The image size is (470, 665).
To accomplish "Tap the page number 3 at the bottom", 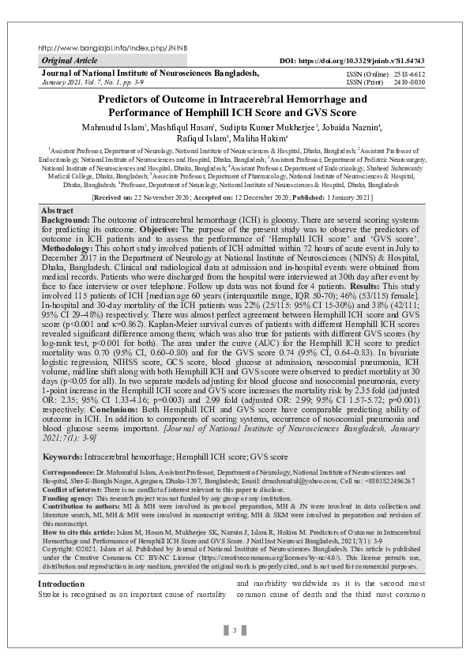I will [x=235, y=630].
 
